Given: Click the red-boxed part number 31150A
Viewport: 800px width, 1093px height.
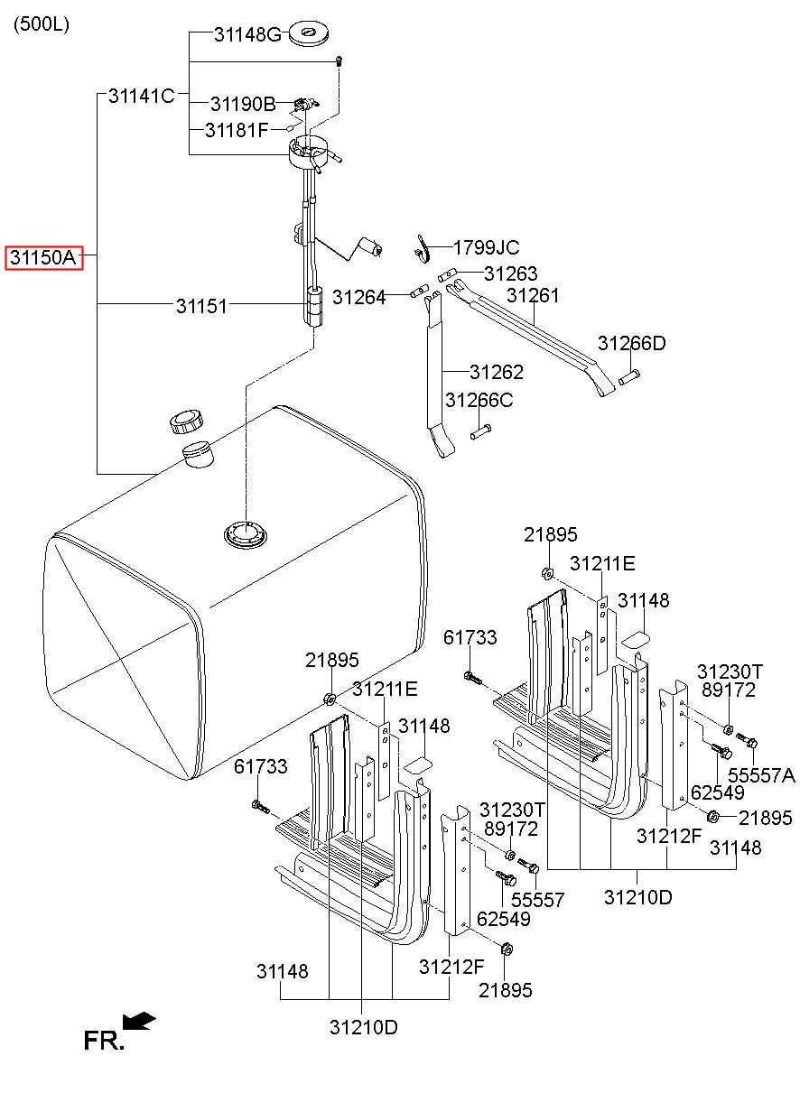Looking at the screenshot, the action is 44,257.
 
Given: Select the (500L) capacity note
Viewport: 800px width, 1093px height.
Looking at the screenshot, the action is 42,24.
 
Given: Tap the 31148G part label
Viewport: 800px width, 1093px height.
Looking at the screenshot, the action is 248,34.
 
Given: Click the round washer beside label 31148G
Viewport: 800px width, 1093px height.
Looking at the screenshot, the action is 309,34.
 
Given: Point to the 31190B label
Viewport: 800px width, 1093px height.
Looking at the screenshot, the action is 243,104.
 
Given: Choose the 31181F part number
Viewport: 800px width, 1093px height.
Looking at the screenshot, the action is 237,130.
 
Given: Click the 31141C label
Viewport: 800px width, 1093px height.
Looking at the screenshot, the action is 142,96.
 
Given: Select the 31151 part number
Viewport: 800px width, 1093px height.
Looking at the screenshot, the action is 201,307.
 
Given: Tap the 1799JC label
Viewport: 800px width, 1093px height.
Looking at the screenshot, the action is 486,248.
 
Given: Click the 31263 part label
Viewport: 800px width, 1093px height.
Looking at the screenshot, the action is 510,273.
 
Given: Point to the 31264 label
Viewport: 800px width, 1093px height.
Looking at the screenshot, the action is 358,297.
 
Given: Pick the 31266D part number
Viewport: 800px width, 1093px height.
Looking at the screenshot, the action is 632,344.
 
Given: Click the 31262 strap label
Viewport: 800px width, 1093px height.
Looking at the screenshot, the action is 497,372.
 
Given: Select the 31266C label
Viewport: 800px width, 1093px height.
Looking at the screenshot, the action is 479,400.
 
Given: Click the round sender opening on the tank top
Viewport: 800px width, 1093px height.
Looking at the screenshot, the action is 246,534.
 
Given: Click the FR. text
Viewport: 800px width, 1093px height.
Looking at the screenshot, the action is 104,1041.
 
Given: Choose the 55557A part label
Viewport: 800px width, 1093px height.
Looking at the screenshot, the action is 761,775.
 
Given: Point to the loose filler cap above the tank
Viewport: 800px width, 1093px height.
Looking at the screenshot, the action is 186,421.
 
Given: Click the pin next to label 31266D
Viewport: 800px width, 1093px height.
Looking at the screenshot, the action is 629,377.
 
